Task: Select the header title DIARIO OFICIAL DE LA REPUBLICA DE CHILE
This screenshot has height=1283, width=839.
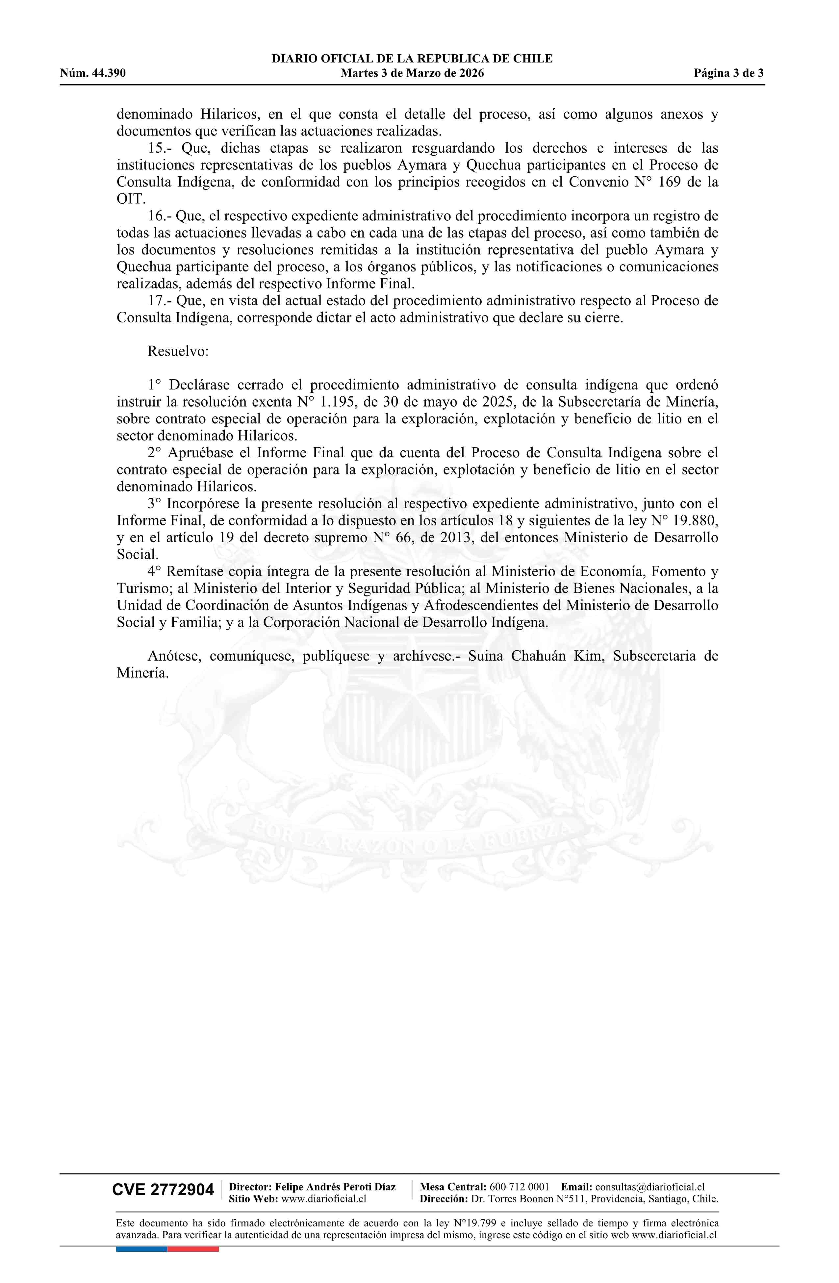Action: coord(412,59)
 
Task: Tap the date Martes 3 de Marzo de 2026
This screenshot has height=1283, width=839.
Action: coord(412,73)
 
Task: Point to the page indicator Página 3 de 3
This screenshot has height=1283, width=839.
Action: coord(728,73)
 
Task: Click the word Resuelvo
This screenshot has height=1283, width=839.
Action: coord(178,351)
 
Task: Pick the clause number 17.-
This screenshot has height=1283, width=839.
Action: coord(160,300)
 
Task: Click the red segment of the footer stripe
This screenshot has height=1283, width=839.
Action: coord(193,1249)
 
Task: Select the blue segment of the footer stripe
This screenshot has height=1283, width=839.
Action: coord(141,1249)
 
